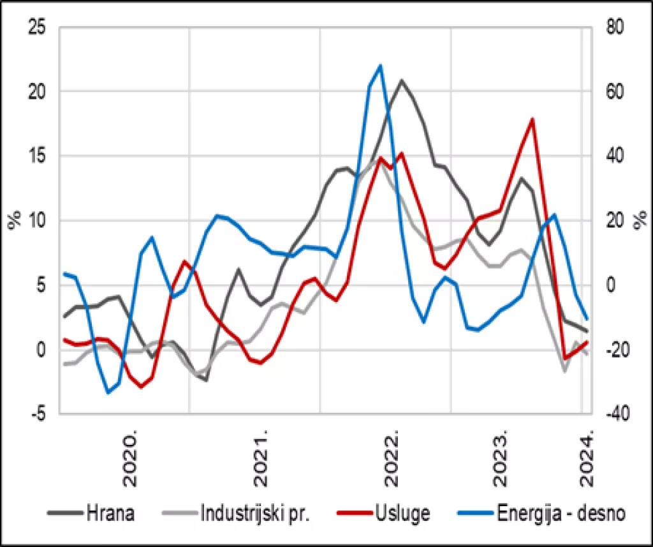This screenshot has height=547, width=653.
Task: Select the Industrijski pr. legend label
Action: point(254,513)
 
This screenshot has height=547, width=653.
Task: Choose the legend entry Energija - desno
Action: point(552,513)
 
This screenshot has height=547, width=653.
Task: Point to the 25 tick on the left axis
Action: point(37,27)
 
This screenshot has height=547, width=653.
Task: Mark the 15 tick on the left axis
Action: point(37,156)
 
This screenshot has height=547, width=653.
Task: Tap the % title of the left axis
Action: point(14,220)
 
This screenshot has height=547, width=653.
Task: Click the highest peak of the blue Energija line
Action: point(380,65)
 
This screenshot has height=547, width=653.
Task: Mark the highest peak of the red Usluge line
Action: point(532,119)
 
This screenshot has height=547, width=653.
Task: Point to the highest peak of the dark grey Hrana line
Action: point(401,80)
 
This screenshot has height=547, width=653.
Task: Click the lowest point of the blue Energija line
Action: point(108,393)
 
